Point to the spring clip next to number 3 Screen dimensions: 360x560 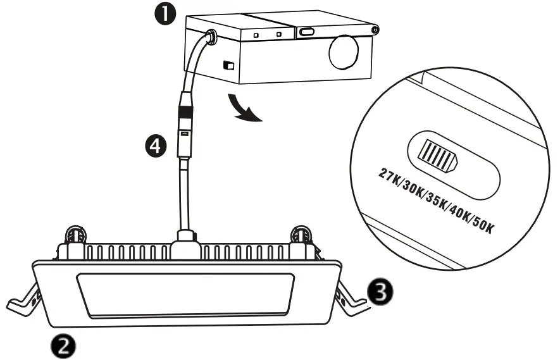(350, 294)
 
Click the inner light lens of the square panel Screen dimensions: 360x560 (185, 294)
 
